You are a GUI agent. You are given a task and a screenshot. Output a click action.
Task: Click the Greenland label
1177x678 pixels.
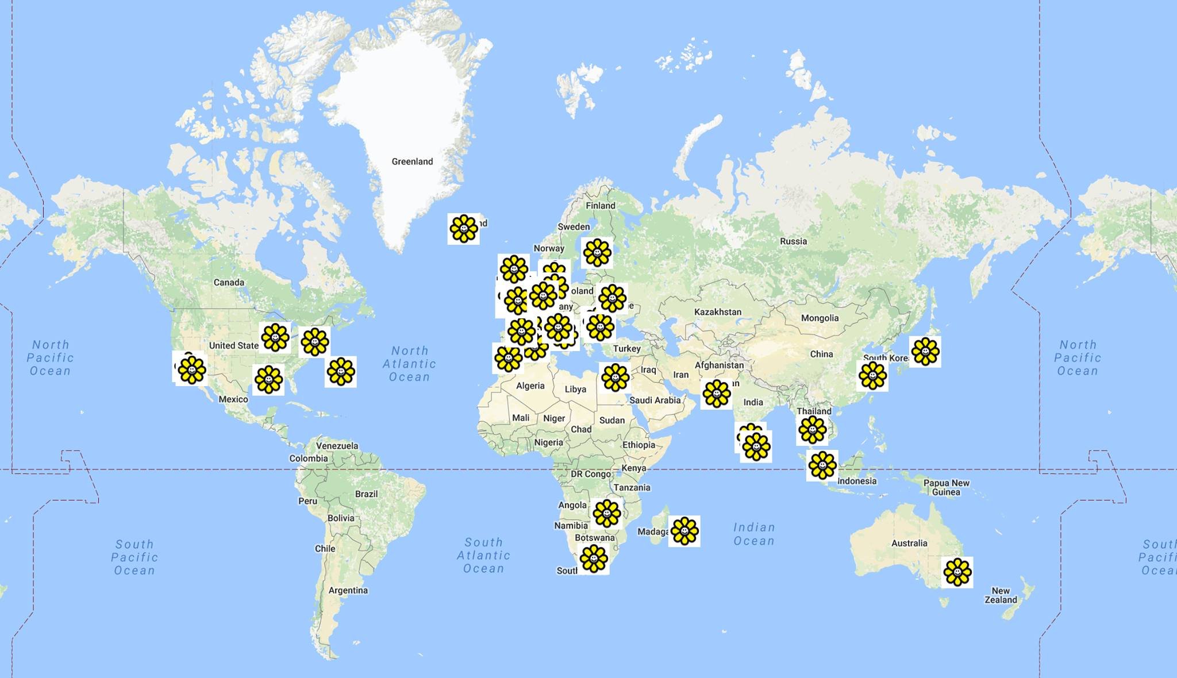[x=412, y=161]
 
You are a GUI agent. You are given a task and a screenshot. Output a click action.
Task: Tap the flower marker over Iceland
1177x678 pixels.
[x=463, y=229]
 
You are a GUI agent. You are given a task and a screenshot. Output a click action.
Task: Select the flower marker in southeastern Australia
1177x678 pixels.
[x=957, y=572]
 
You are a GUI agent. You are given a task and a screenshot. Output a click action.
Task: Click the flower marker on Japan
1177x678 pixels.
[x=925, y=352]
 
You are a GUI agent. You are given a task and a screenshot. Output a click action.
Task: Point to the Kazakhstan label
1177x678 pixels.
[x=718, y=312]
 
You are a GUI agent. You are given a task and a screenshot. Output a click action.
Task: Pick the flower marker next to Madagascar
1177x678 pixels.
[x=684, y=531]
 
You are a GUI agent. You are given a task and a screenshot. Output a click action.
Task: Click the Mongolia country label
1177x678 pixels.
[x=820, y=318]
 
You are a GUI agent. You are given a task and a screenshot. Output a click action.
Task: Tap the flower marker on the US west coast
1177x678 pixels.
[x=191, y=369]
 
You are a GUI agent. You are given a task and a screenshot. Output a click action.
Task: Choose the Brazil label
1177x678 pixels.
[x=366, y=494]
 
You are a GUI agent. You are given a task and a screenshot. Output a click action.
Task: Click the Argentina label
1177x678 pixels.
[x=348, y=590]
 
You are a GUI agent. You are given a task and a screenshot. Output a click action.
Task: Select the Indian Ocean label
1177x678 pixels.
[x=754, y=534]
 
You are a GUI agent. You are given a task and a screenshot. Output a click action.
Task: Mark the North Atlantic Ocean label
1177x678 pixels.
[x=409, y=364]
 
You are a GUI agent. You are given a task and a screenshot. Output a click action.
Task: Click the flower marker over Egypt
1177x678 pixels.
[x=615, y=377]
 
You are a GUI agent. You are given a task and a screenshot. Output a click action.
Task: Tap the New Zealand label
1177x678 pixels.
[x=1001, y=595]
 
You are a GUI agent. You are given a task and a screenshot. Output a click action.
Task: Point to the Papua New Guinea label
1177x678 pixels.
[x=946, y=487]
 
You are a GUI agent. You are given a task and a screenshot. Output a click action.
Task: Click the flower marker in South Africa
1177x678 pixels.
[x=594, y=558]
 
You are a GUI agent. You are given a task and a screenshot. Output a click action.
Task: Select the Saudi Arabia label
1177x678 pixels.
[x=655, y=400]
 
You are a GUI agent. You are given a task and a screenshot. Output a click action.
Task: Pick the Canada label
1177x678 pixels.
[x=229, y=282]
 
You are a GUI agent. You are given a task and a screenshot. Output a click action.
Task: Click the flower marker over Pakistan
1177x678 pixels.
[x=716, y=394]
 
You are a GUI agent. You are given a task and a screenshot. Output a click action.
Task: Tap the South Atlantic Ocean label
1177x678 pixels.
[x=483, y=555]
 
